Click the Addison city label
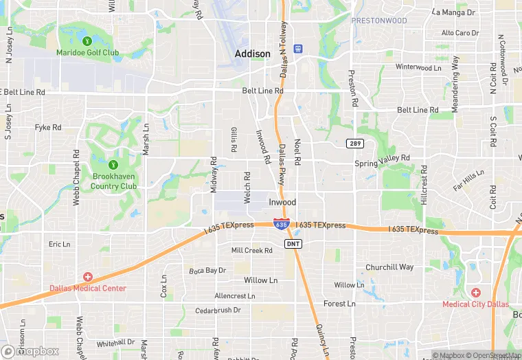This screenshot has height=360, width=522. point(252,54)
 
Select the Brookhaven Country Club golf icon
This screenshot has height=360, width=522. point(113,164)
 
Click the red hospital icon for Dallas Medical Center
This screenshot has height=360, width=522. point(87,277)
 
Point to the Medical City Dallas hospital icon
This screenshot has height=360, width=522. point(475,293)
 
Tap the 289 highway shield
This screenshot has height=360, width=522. point(354,143)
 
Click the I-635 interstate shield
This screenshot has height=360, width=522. point(281,224)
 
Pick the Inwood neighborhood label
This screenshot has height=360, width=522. point(282,203)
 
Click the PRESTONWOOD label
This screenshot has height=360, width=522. point(379,21)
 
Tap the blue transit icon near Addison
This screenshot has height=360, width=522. point(297,48)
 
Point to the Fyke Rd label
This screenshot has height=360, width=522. point(48,127)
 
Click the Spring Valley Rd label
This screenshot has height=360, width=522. point(382,164)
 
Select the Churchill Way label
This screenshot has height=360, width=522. point(389,267)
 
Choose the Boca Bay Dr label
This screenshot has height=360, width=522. point(207,271)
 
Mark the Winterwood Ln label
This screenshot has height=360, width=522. point(418,67)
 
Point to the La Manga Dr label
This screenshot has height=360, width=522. point(454,12)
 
